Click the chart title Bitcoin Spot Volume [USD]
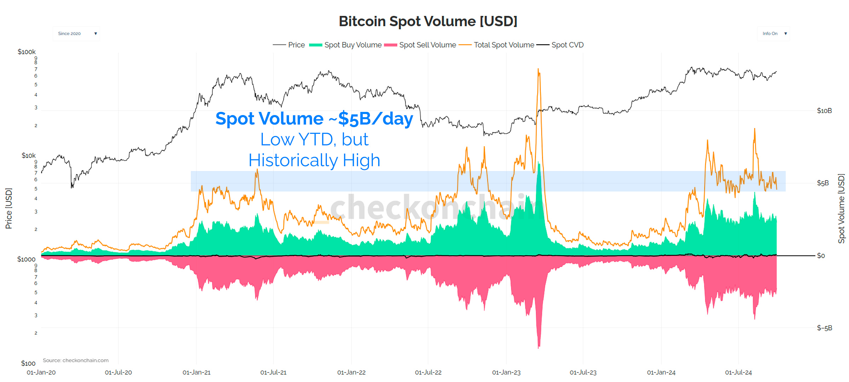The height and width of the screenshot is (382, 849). click(428, 22)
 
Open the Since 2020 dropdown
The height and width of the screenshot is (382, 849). click(76, 34)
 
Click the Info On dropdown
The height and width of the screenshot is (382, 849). click(774, 34)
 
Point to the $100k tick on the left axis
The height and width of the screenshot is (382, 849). click(27, 52)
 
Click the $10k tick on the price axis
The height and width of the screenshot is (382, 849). click(28, 156)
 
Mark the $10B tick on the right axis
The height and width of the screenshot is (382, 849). click(824, 111)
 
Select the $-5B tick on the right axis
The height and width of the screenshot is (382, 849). click(824, 328)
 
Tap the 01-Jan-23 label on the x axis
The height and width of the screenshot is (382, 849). click(506, 372)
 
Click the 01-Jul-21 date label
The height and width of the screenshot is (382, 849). click(273, 372)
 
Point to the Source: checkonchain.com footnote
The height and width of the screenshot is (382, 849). click(76, 360)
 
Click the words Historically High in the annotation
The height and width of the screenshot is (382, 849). click(314, 160)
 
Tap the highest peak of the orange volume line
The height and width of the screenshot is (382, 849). click(538, 69)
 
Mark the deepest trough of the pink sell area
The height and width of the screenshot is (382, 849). click(539, 348)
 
